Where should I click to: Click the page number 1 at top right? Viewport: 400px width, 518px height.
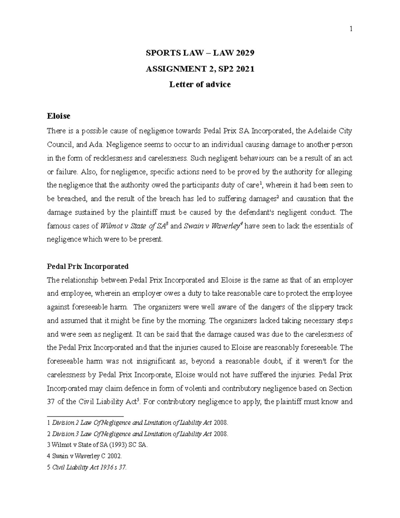pos(351,29)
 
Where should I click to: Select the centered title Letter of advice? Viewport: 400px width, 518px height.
pos(200,84)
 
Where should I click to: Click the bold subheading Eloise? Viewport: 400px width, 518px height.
pos(59,116)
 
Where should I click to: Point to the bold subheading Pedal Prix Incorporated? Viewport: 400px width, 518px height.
pos(88,267)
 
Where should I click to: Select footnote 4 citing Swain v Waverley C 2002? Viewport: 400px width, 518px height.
pos(85,456)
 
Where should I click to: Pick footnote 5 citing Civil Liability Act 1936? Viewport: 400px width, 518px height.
pos(87,467)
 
